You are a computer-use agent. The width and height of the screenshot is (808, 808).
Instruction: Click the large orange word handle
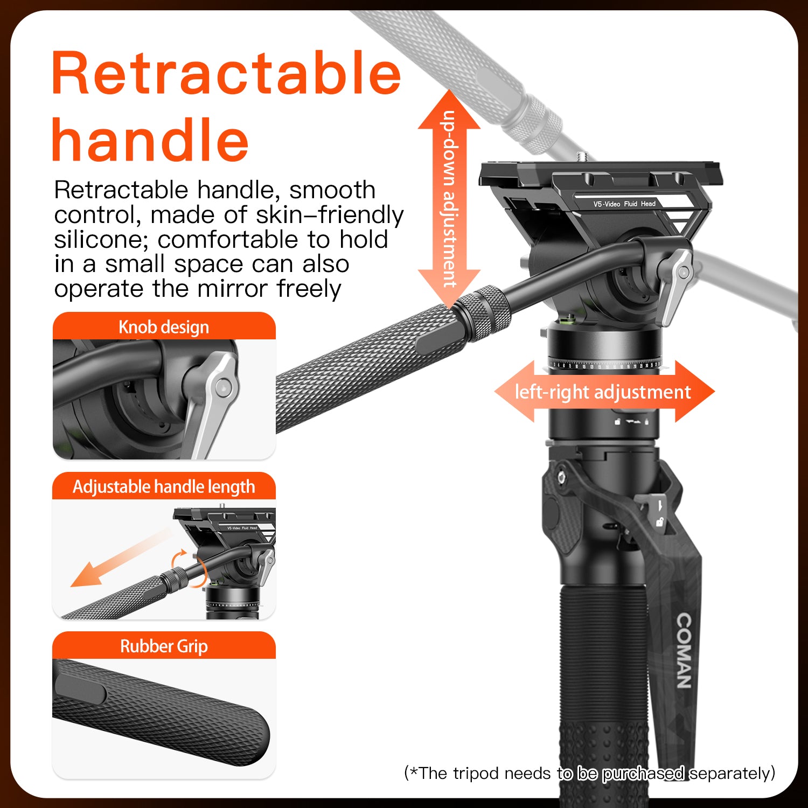pos(150,140)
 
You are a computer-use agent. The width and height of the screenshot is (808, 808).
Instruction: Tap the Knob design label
pos(164,327)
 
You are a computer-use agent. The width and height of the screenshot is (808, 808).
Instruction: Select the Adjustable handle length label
pos(164,487)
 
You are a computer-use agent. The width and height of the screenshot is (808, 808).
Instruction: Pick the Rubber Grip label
pos(164,646)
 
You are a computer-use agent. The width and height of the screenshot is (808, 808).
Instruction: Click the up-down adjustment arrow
pos(449,199)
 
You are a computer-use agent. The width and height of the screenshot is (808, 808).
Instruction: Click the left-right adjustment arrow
pos(604,392)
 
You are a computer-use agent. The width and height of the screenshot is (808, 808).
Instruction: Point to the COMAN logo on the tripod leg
pos(684,651)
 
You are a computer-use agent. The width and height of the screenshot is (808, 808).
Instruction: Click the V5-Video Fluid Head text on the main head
pos(624,204)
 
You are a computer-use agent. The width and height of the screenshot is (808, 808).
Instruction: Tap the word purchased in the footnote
pos(643,774)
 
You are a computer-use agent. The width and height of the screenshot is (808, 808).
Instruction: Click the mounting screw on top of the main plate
pos(583,156)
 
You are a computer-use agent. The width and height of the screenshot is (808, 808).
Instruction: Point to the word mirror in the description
pos(232,289)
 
